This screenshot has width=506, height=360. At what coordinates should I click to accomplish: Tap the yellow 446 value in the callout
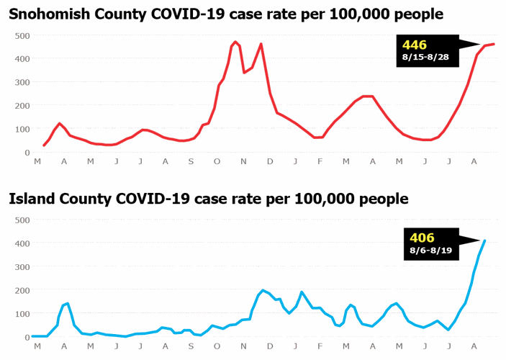click(416, 45)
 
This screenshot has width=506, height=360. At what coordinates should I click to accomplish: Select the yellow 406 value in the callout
click(423, 238)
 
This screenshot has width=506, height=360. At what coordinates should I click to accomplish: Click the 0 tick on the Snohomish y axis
click(27, 153)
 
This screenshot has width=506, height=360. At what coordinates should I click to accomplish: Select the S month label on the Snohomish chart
click(191, 163)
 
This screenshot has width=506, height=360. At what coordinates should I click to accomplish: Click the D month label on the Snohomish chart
click(270, 163)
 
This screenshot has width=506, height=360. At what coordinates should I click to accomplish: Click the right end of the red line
click(493, 45)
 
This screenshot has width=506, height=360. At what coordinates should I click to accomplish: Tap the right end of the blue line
click(484, 240)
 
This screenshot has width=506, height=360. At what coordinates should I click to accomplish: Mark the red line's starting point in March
click(44, 145)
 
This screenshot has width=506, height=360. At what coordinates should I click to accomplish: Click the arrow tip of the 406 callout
click(480, 240)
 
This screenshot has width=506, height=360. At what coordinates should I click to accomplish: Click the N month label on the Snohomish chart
click(243, 163)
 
